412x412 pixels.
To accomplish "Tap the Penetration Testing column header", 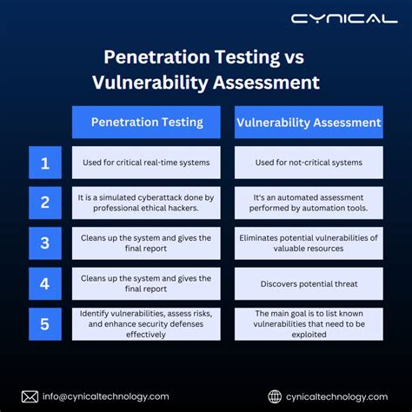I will pos(146,123).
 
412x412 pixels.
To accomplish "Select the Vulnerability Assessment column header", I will pos(309,123).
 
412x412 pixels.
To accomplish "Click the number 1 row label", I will pos(45,163).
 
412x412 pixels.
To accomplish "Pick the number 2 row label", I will pos(45,203).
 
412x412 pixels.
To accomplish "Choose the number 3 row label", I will pos(45,243).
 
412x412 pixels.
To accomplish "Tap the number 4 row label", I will pos(45,283).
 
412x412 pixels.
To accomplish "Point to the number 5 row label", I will pos(45,324).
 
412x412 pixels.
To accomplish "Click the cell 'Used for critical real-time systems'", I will pos(146,163).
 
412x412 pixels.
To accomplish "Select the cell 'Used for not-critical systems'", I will pos(309,163).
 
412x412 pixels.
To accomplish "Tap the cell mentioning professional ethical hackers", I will pos(146,203).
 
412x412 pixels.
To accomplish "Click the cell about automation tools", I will pos(309,203).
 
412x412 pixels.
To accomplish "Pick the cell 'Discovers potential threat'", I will pos(309,283).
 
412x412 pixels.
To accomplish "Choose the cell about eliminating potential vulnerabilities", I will pos(309,243).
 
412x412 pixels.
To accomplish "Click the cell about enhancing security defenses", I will pos(146,324).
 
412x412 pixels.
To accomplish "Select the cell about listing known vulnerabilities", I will pos(309,324).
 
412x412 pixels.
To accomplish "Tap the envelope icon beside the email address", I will pos(30,396).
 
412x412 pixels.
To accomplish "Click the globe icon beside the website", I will pos(276,396).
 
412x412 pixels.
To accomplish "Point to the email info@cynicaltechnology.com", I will pos(106,396).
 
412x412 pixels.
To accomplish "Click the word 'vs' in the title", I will pos(291,57).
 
